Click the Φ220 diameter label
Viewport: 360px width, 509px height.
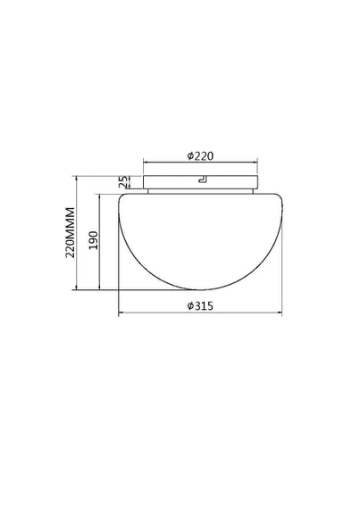(201, 156)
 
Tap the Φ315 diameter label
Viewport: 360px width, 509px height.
(200, 305)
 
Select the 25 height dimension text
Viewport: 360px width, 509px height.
(122, 182)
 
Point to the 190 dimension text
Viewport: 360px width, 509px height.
(93, 240)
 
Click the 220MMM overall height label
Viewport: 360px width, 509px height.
(70, 232)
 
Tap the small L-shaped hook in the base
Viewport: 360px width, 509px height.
(203, 179)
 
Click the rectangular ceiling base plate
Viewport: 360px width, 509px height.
(201, 182)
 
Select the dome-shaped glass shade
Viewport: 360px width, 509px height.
(200, 241)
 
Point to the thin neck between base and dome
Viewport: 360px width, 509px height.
(201, 191)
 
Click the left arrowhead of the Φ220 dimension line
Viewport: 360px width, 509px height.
(146, 162)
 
